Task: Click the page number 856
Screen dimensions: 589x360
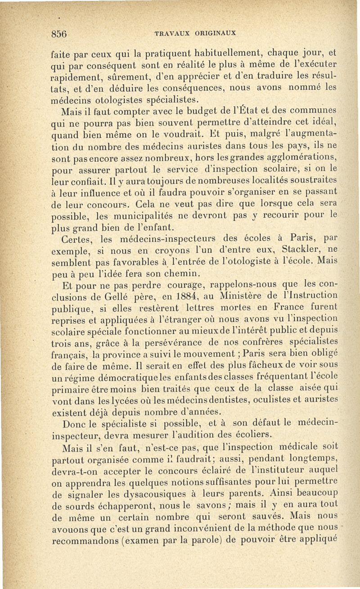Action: (59, 34)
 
